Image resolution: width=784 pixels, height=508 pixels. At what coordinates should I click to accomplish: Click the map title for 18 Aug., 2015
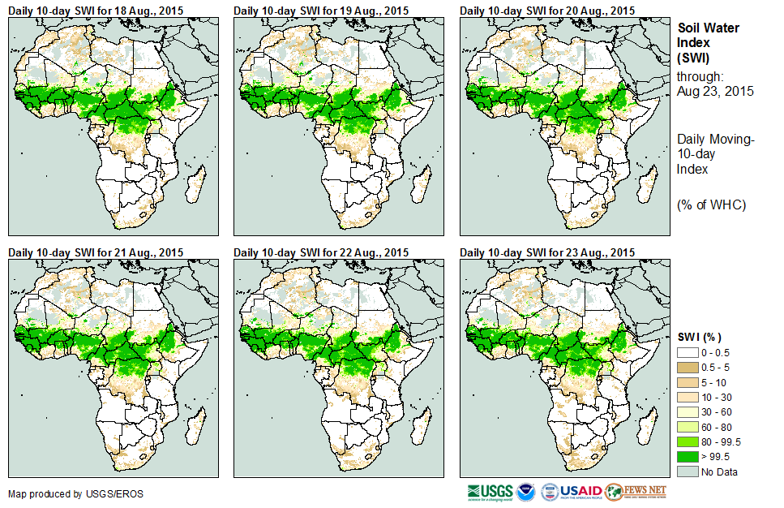96,10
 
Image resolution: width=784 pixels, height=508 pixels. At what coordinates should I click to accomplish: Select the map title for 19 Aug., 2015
321,10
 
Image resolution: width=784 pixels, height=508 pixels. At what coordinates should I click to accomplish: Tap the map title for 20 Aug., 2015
547,10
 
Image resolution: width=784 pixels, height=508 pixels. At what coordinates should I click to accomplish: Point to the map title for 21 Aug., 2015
96,252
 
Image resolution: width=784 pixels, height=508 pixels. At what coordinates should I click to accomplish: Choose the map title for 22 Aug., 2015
321,252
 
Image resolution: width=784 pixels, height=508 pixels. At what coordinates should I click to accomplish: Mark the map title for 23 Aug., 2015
547,252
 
